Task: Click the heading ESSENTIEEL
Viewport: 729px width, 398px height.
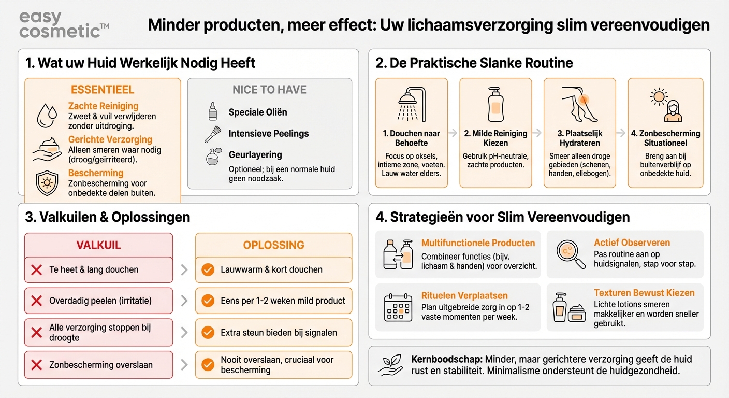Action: (x=103, y=90)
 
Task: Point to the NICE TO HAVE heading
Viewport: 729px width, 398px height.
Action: (x=269, y=90)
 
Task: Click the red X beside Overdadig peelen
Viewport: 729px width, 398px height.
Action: (x=37, y=301)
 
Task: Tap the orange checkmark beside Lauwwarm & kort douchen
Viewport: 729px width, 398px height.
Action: (x=208, y=270)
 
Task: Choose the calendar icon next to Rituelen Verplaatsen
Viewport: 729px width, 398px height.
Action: (x=398, y=307)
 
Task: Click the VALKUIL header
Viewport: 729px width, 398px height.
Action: (x=98, y=245)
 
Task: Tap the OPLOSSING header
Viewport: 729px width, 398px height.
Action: (x=273, y=245)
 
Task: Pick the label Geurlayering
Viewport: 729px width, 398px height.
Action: (x=255, y=154)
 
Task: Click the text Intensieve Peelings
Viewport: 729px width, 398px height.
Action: (x=268, y=134)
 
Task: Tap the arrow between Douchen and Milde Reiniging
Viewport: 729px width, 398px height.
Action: (x=453, y=133)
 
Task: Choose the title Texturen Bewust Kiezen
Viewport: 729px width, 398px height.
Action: (x=644, y=293)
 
